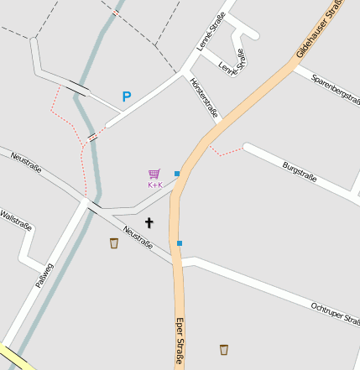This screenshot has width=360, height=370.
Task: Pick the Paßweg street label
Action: (44, 275)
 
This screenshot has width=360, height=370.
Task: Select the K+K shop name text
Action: (155, 185)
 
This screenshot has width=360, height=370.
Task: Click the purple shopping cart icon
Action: (154, 175)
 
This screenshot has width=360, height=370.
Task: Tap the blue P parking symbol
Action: (127, 96)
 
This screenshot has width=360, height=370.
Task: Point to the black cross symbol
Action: (149, 222)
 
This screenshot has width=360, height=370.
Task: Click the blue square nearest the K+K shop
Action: (177, 174)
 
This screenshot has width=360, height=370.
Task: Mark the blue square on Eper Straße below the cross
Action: (180, 243)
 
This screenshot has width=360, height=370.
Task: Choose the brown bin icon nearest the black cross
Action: (114, 243)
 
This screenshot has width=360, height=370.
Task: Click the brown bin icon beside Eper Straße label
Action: (224, 349)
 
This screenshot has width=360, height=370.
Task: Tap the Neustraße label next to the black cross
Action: (138, 237)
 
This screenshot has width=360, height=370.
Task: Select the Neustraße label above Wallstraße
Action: (25, 161)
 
